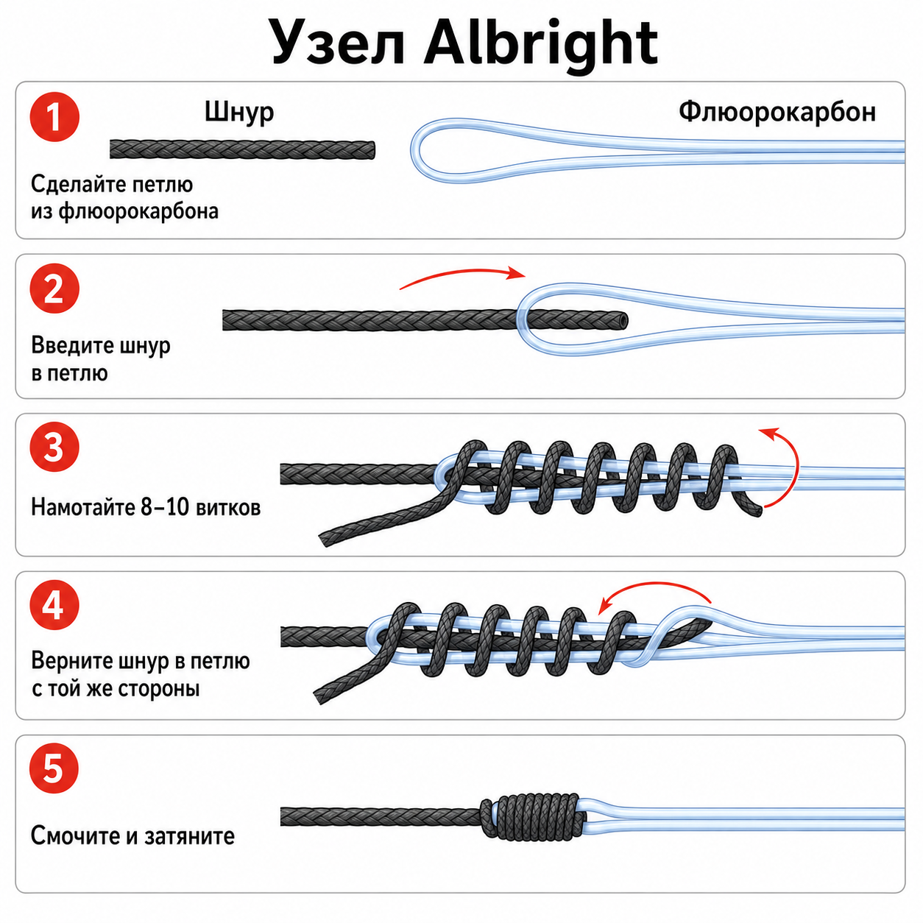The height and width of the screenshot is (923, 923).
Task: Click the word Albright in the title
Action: [x=541, y=43]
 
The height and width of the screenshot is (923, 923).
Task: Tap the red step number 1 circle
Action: [x=54, y=117]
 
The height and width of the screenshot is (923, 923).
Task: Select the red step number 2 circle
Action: [x=54, y=289]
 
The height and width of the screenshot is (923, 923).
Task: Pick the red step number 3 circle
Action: [x=54, y=447]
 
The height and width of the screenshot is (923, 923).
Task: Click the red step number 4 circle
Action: [x=54, y=605]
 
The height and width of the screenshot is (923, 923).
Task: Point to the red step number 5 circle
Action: [x=54, y=768]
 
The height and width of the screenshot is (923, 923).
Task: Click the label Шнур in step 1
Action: [x=239, y=113]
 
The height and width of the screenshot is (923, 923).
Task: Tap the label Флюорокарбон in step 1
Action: [x=777, y=113]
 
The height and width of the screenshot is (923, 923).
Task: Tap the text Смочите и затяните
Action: [x=132, y=836]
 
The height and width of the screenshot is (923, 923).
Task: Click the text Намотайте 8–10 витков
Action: [x=146, y=507]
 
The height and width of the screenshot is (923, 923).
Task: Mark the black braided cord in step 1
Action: [x=242, y=149]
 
